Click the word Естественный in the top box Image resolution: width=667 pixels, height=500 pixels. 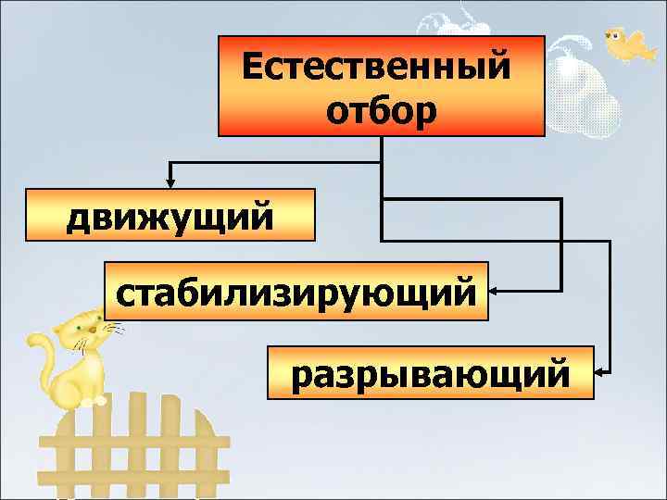coord(376,67)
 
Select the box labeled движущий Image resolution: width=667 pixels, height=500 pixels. coord(170,215)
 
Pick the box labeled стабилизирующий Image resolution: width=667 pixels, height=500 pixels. coord(296,292)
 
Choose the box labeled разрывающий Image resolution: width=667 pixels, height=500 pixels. coord(430,373)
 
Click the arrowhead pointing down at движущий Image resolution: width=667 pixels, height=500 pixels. coord(170,180)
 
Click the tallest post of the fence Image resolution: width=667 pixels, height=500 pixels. coord(139,435)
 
